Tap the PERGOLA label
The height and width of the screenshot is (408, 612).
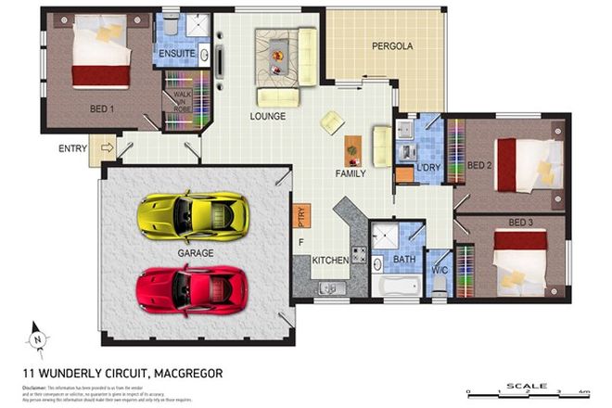(391, 45)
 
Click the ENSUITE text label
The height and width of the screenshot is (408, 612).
(176, 55)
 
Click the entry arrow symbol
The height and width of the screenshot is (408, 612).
(107, 147)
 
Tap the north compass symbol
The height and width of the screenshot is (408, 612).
(37, 336)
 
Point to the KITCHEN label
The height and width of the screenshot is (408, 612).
(329, 261)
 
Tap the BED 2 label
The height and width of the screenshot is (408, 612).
(478, 166)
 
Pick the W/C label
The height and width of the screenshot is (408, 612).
(440, 270)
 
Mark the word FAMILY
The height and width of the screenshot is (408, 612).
(350, 172)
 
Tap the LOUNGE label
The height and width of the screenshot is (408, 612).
(267, 117)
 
